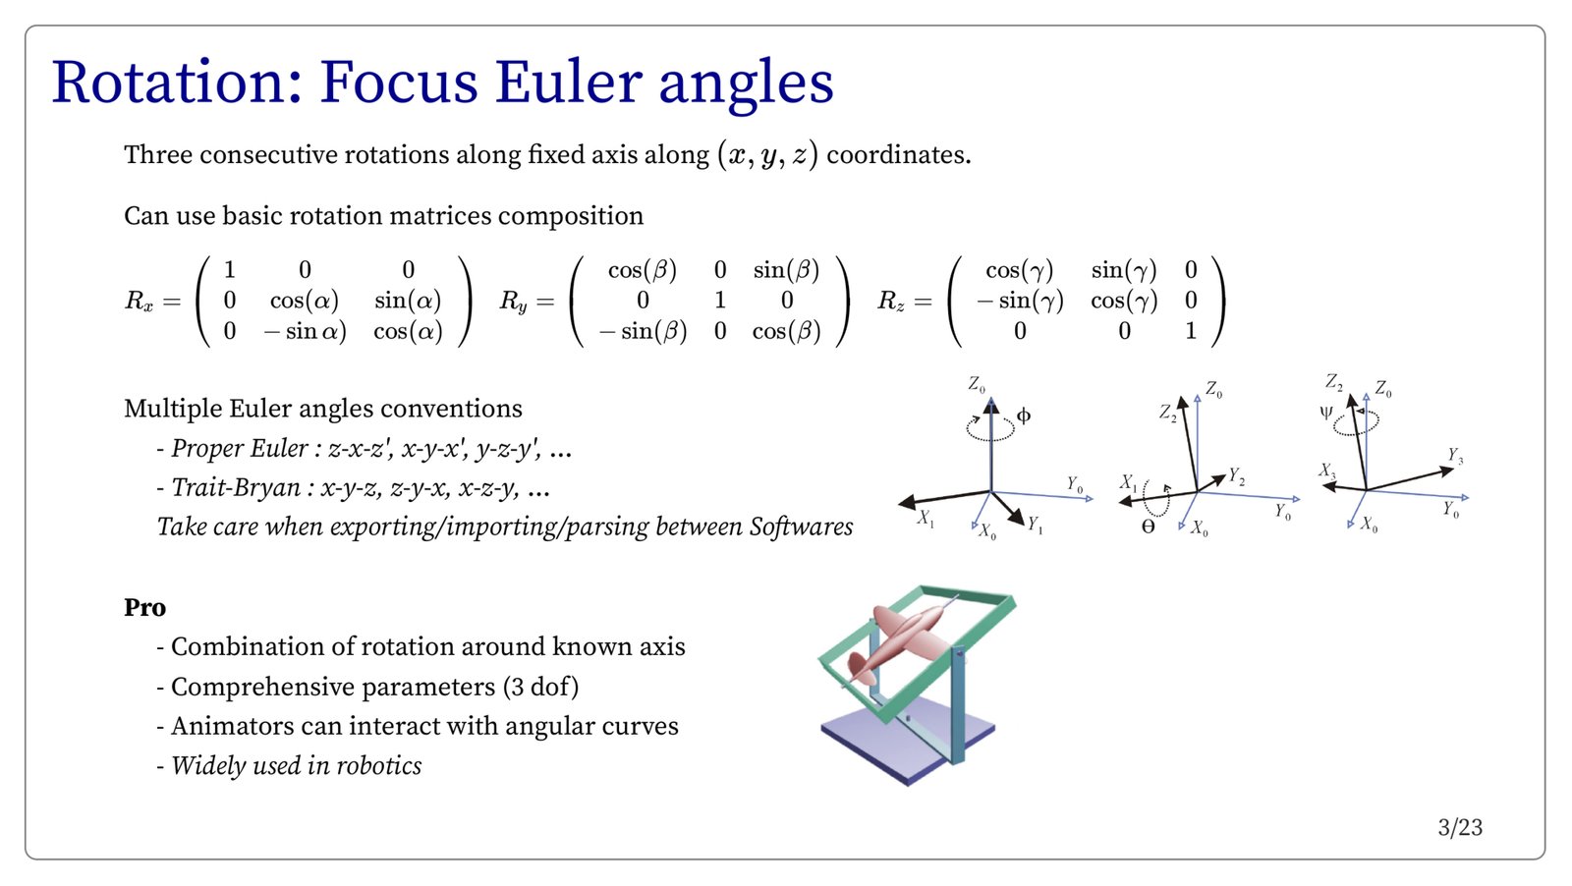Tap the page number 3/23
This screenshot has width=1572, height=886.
point(1460,827)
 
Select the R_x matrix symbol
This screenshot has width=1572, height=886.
point(139,301)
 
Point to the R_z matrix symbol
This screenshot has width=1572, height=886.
point(890,301)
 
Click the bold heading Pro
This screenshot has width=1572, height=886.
point(144,608)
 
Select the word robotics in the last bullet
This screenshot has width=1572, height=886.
point(378,766)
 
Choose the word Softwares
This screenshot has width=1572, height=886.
point(801,527)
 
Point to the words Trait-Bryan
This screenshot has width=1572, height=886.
point(236,488)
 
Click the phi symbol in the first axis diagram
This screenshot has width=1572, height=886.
point(1024,415)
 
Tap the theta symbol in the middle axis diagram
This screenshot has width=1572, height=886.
point(1148,526)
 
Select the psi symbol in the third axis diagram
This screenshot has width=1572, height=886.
point(1326,413)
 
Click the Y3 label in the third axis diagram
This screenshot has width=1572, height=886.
point(1455,456)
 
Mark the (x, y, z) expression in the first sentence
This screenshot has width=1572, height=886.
point(767,155)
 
